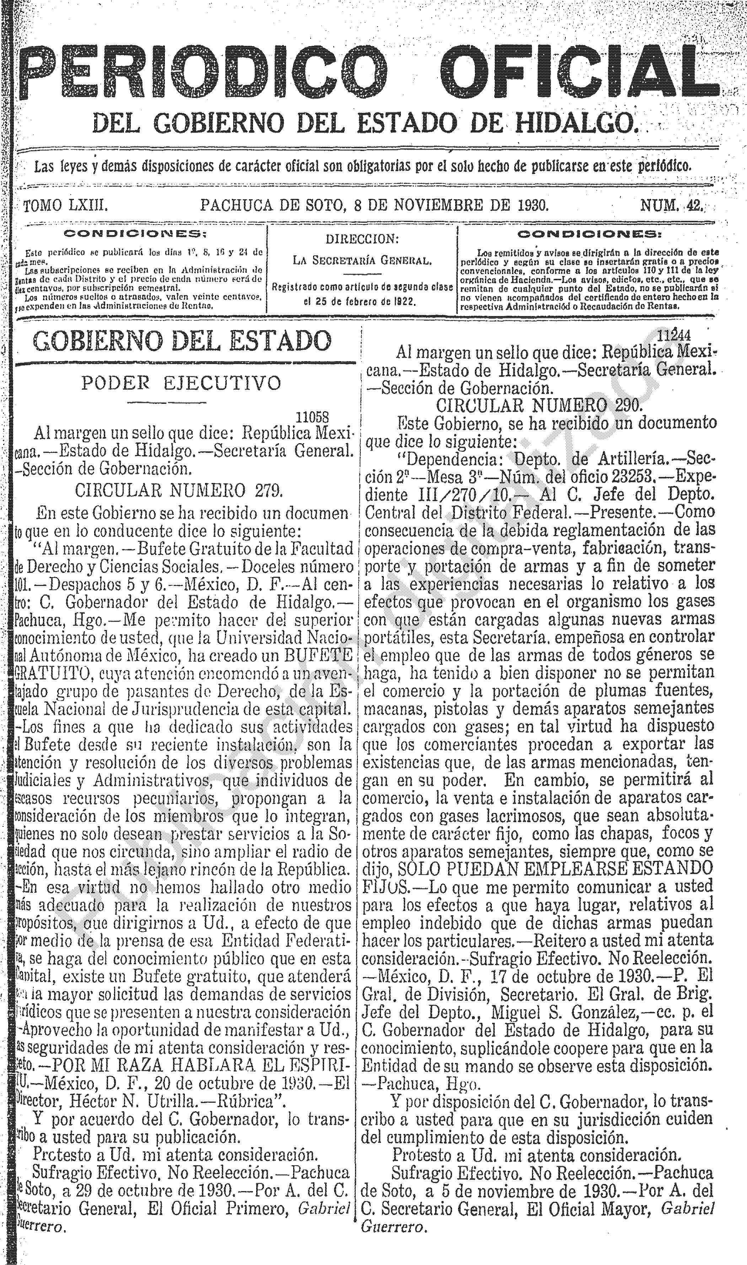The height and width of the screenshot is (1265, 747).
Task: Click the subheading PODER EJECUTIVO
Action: pyautogui.click(x=181, y=383)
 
